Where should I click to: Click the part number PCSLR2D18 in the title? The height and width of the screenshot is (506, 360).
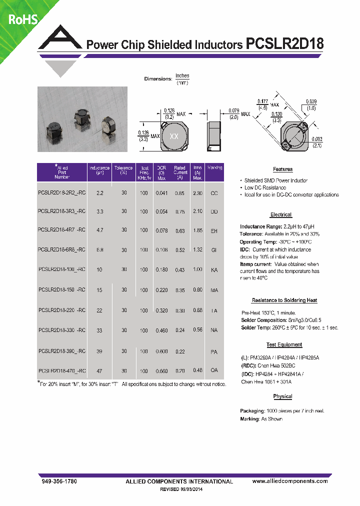point(285,44)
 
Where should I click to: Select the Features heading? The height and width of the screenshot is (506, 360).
point(282,169)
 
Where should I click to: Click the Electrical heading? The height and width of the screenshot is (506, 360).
point(280,214)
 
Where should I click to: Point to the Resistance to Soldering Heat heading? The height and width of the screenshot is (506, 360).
point(284,300)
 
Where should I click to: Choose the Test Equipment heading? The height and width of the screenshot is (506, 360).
point(283,345)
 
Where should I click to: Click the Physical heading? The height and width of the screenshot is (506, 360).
point(282,396)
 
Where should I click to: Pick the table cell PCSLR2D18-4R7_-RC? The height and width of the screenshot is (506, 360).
point(61,229)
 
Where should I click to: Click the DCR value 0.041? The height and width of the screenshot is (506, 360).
point(161,192)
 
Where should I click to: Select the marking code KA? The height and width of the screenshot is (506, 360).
point(214,269)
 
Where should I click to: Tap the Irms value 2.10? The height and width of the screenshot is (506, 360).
point(197,211)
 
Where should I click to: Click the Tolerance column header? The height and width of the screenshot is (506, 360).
point(123,170)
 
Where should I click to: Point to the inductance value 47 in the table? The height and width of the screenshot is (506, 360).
point(99,371)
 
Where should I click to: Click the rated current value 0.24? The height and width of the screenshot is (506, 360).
point(179,330)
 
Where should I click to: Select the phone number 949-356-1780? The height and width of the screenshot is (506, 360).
point(58,481)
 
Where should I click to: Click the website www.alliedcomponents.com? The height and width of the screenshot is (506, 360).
point(290,481)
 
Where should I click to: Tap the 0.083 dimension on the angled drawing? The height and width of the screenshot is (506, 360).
point(317,139)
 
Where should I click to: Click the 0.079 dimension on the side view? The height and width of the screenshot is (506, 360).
point(233,111)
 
